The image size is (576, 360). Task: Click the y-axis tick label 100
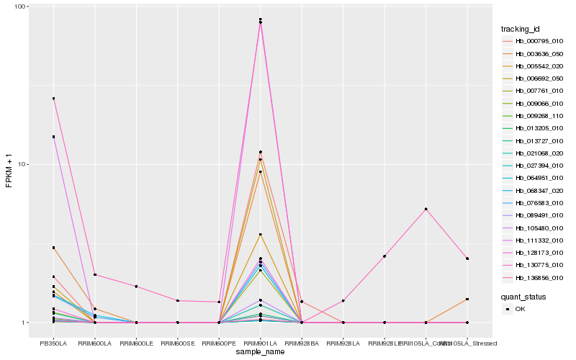tap(20, 6)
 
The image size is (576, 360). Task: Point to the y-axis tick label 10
tap(22, 164)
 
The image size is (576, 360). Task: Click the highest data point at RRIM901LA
tap(260, 19)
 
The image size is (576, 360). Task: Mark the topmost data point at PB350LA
tap(53, 99)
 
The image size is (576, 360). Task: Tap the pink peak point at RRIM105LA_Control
tap(426, 209)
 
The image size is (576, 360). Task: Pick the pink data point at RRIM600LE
tap(136, 287)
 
